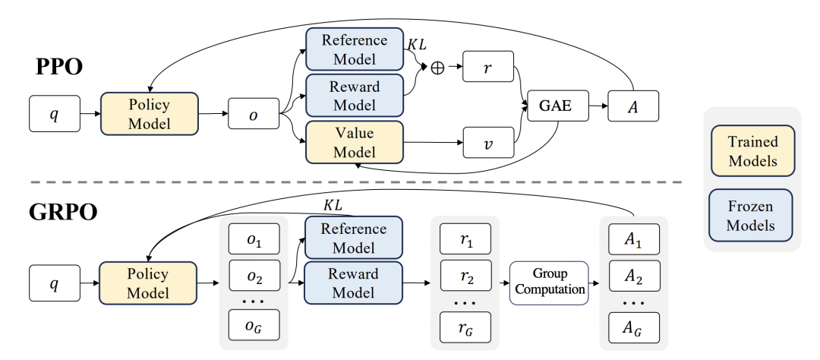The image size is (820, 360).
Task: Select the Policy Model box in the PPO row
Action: click(x=149, y=113)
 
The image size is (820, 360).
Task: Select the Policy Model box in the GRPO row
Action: click(x=149, y=283)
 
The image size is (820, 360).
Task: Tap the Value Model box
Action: click(x=354, y=142)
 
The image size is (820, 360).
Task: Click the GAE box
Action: click(x=557, y=107)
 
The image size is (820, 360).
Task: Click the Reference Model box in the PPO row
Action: click(x=354, y=49)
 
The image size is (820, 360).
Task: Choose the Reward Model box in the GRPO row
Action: click(x=354, y=283)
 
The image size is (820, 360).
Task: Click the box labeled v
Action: click(x=488, y=142)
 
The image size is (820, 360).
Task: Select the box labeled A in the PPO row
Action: click(x=633, y=107)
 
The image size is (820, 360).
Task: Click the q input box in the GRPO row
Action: click(x=55, y=283)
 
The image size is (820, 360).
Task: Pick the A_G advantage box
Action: click(x=633, y=327)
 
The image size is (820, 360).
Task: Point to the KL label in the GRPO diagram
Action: click(x=333, y=205)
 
